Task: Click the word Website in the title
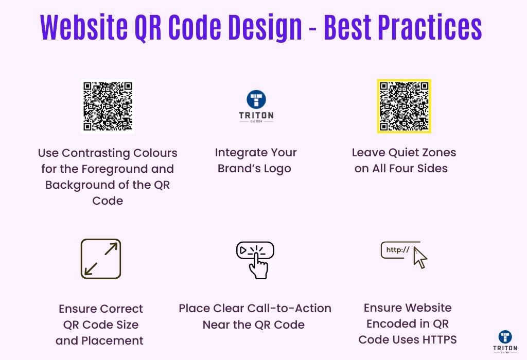tap(84, 27)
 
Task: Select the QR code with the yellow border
tap(404, 106)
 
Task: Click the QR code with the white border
tap(108, 106)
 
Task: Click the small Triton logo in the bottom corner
tap(505, 341)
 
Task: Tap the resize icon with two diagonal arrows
tap(101, 259)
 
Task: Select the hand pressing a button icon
tap(255, 260)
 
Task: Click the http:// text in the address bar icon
tap(398, 249)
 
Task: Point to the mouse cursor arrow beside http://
tap(420, 258)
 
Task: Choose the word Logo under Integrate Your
tap(277, 169)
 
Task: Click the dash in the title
tap(312, 30)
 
